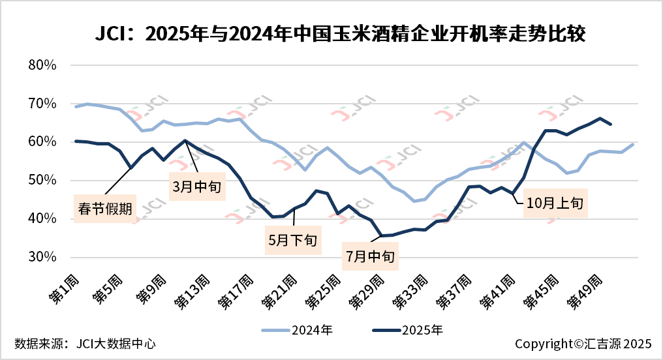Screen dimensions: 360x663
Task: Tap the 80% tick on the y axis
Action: [x=44, y=65]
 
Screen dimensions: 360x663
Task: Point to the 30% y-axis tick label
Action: [x=44, y=257]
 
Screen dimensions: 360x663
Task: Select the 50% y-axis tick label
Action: [x=44, y=181]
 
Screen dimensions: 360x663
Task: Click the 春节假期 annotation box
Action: [x=103, y=209]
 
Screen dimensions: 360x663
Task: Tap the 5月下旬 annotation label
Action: [x=292, y=239]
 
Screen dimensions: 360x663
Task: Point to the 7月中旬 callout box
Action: [x=370, y=256]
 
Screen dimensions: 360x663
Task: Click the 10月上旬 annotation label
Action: [x=556, y=203]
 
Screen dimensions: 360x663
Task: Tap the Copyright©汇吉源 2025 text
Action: [x=583, y=344]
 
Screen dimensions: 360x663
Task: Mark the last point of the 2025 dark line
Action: [x=610, y=124]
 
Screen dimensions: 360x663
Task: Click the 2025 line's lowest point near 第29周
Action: [x=381, y=235]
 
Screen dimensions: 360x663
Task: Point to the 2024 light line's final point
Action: [x=632, y=144]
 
